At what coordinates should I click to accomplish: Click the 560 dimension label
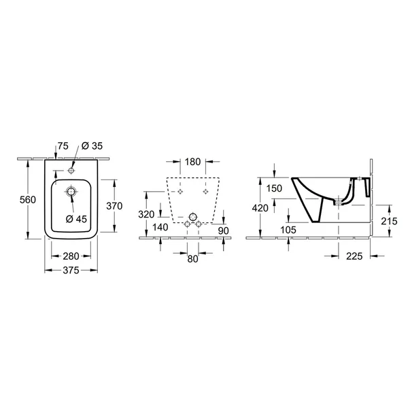(28, 200)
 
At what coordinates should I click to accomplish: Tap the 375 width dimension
(71, 271)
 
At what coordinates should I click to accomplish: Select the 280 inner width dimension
(71, 256)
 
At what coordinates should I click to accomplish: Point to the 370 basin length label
(114, 206)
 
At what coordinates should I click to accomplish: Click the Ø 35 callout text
(92, 146)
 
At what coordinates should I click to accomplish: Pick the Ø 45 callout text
(76, 219)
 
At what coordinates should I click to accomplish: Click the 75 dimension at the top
(63, 146)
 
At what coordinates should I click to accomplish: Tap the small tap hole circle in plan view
(71, 171)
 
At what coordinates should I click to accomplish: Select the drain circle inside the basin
(71, 192)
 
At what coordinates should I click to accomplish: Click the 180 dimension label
(192, 162)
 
